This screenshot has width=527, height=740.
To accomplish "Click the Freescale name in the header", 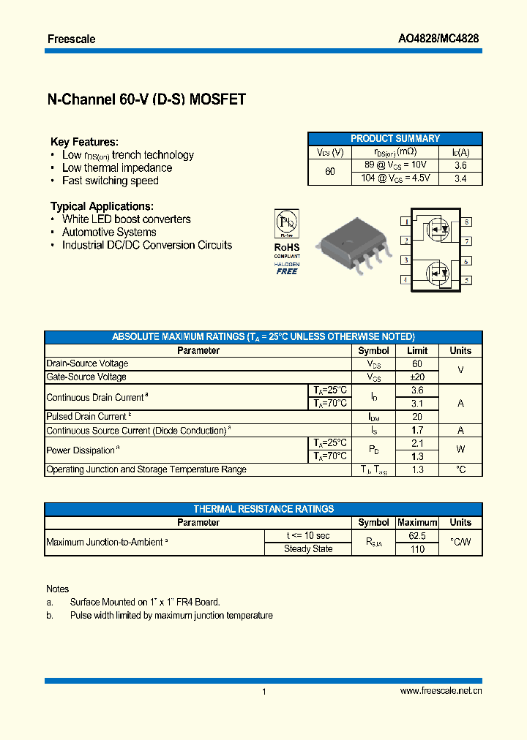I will click(71, 39).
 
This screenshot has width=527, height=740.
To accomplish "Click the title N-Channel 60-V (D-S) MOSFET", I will click(146, 100).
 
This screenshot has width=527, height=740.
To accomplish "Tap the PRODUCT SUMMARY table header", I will click(395, 138).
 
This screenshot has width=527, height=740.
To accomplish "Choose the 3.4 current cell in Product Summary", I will click(460, 178).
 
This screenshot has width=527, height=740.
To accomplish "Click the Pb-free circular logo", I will click(286, 222).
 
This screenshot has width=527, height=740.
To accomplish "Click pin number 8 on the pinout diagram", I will click(466, 222).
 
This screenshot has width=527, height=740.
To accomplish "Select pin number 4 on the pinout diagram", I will click(405, 279).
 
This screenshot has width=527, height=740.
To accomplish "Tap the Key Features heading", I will click(84, 142).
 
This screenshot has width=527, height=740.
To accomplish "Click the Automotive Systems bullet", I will click(109, 233).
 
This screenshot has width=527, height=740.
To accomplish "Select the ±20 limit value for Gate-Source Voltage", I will click(416, 377).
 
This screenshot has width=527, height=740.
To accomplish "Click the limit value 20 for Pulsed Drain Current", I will click(416, 417).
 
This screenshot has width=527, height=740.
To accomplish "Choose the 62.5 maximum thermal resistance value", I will click(416, 536).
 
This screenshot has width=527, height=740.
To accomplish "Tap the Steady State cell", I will click(308, 549).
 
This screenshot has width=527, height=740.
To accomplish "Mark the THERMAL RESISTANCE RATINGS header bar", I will click(263, 509).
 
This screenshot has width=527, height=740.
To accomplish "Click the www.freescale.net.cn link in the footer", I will click(441, 691).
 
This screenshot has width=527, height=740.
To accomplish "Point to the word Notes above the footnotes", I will click(57, 589).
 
